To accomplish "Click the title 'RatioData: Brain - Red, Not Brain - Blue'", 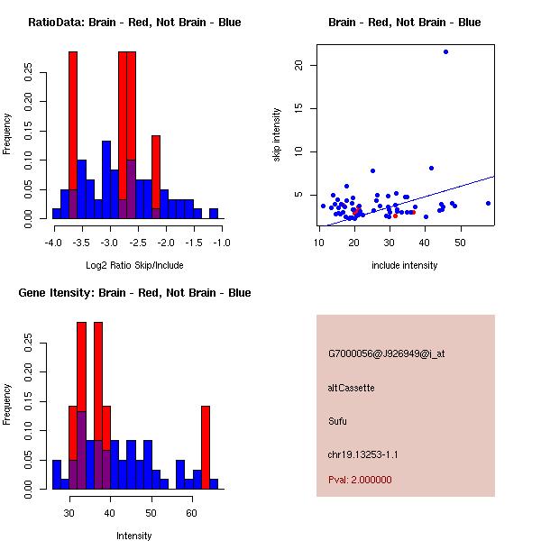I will [134, 23].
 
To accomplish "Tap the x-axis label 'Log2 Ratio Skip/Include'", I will [134, 265].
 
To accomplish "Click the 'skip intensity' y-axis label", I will [278, 135].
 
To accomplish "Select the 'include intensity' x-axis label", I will [405, 265].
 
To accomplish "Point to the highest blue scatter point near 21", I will [445, 51].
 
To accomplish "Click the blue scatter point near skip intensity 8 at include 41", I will [431, 168].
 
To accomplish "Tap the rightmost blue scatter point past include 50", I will [488, 203].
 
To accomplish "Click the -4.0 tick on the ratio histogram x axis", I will [52, 243].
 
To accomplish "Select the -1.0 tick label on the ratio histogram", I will [222, 243].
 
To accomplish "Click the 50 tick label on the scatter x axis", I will [460, 243].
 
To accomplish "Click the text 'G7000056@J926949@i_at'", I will [387, 353].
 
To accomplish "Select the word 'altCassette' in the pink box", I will [352, 388].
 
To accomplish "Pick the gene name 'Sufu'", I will [338, 420].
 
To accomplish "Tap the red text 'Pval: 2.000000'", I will [361, 480].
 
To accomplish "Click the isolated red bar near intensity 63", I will [205, 446].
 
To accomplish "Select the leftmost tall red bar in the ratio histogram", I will [73, 135].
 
